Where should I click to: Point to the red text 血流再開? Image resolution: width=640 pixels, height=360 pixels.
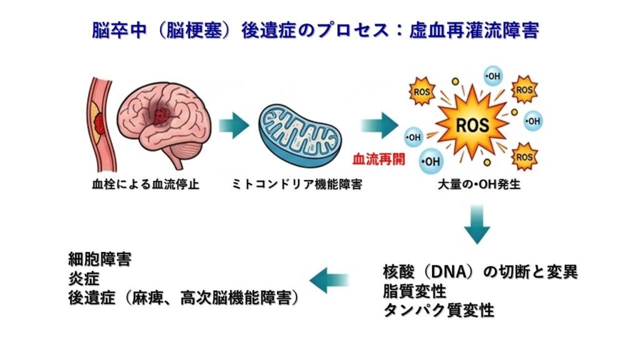pyautogui.click(x=379, y=158)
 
